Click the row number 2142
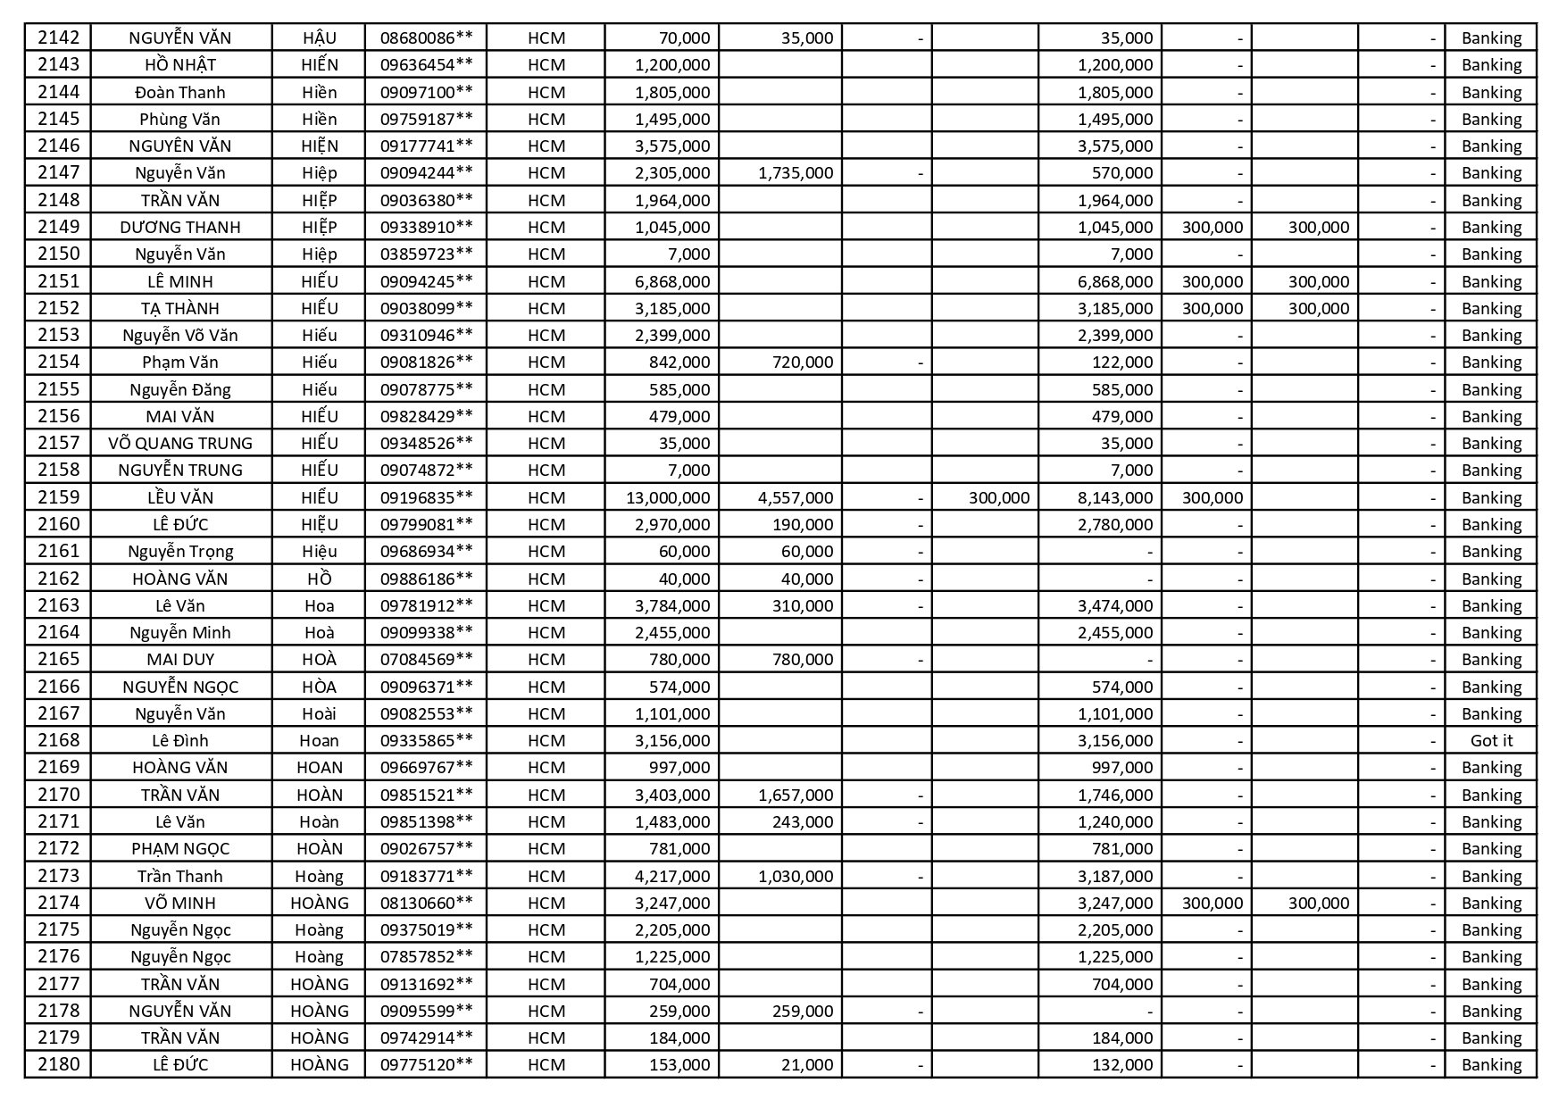59,37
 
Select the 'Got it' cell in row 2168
1491,740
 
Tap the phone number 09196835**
426,497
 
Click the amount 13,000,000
668,497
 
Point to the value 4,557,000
795,497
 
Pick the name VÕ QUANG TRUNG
180,443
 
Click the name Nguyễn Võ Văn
180,335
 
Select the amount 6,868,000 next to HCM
671,281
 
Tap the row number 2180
59,1064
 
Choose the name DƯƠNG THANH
180,227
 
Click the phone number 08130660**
426,903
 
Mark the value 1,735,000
795,172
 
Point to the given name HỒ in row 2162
319,579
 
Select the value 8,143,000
1114,497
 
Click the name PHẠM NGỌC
180,848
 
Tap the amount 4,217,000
671,876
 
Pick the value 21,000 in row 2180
806,1064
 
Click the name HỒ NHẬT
180,64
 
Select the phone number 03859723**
426,254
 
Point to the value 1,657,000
795,795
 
